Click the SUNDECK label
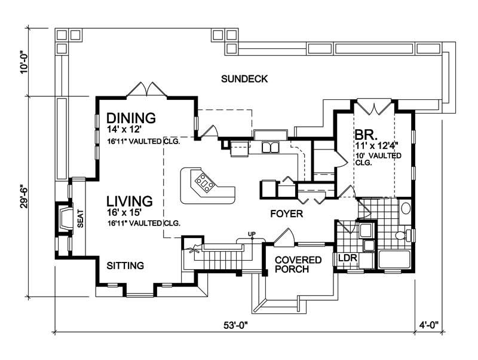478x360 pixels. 244,78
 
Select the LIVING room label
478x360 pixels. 130,200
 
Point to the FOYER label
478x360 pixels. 287,213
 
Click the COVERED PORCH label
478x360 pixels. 298,264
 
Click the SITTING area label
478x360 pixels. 124,265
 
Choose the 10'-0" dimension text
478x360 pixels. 23,61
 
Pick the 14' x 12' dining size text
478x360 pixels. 125,129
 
